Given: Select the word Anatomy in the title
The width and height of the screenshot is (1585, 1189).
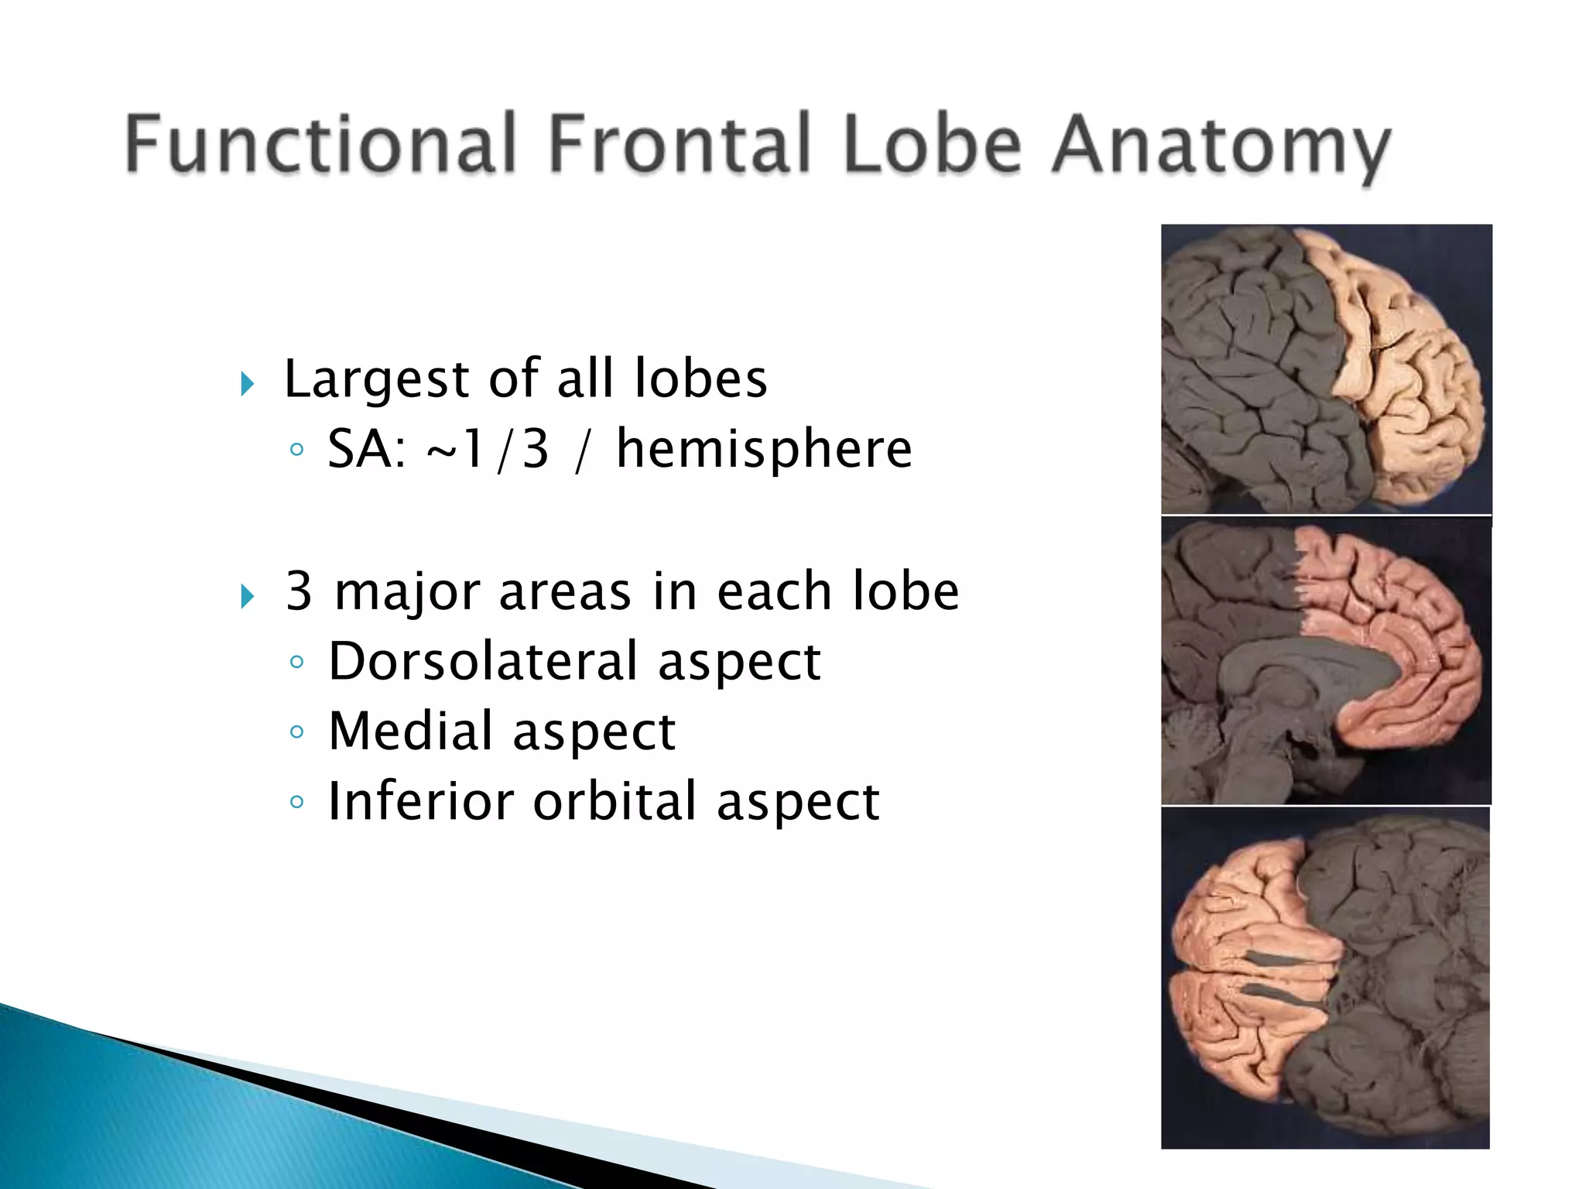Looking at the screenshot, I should (1220, 147).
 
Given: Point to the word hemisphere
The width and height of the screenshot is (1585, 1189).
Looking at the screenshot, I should (764, 449).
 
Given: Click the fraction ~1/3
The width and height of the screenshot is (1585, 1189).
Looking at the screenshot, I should (488, 449).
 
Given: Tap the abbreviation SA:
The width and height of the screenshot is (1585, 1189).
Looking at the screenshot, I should (367, 449).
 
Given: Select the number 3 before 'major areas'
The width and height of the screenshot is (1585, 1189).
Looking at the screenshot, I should (299, 591).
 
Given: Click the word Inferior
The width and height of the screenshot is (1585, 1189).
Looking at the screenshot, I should (420, 801).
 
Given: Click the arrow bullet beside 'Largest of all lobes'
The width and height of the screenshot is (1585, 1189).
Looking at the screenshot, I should (247, 383).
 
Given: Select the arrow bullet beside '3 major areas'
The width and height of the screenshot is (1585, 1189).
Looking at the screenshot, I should (247, 596).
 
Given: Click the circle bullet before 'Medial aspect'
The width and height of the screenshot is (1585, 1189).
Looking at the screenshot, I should (296, 732).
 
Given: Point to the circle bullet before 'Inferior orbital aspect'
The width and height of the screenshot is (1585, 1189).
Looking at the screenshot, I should (296, 802).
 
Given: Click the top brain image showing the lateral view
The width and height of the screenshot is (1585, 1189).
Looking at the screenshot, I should (1326, 369).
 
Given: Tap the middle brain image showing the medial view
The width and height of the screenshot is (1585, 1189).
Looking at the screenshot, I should (1326, 661).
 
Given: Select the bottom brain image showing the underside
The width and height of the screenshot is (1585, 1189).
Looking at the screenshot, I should (1325, 977).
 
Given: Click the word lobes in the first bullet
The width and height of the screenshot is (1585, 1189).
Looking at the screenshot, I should (700, 379).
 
